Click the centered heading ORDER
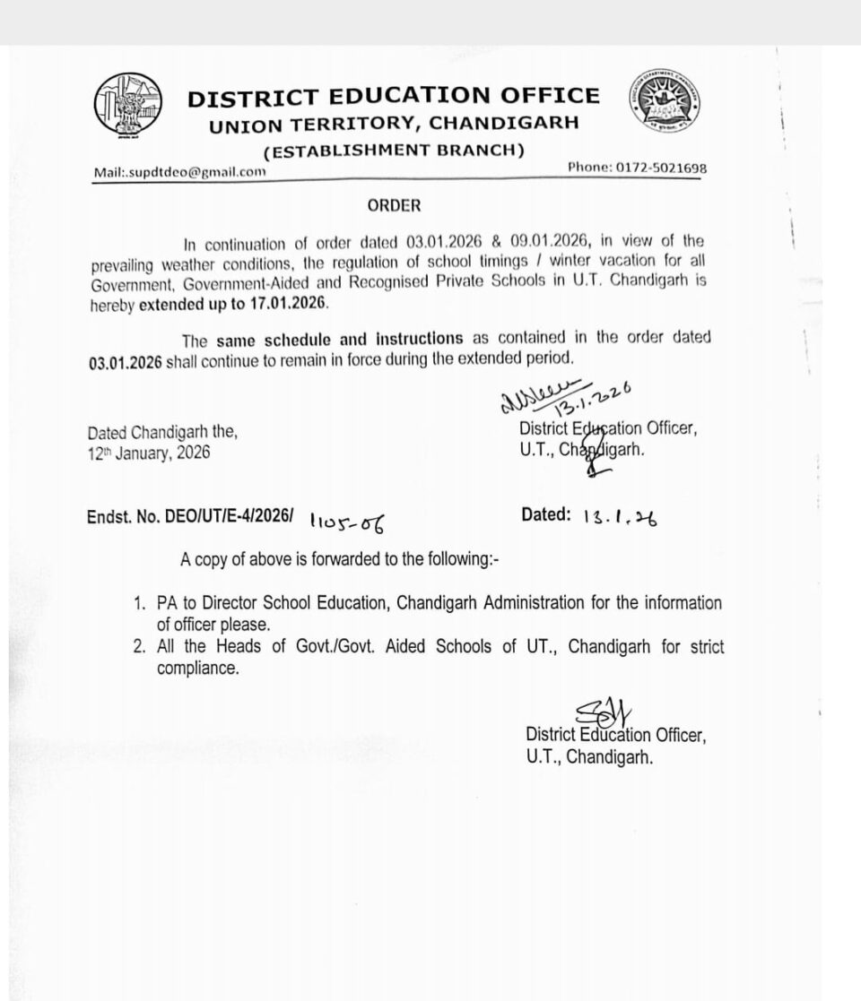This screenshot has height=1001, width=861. click(x=394, y=205)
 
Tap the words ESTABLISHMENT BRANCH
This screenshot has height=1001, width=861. click(x=394, y=150)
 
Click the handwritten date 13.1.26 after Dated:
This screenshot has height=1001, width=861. click(x=619, y=517)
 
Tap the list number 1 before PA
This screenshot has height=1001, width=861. click(x=139, y=604)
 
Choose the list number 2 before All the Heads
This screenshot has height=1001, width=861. click(x=139, y=647)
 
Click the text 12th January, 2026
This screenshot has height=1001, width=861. click(x=149, y=453)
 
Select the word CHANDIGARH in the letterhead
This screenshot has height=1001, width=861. click(x=502, y=124)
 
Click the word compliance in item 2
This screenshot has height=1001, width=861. click(x=198, y=669)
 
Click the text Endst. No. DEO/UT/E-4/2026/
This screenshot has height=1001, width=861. click(x=190, y=516)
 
